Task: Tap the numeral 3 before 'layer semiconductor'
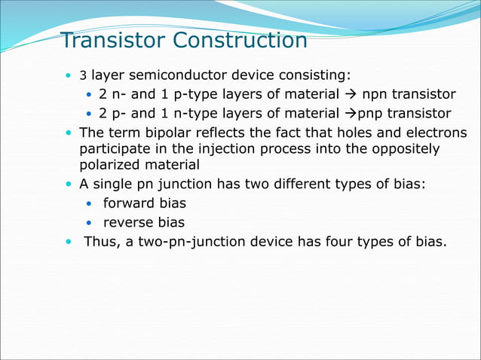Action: (84, 77)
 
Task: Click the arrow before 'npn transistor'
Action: (352, 95)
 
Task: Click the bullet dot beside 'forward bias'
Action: (89, 204)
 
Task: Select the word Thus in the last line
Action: (100, 241)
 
